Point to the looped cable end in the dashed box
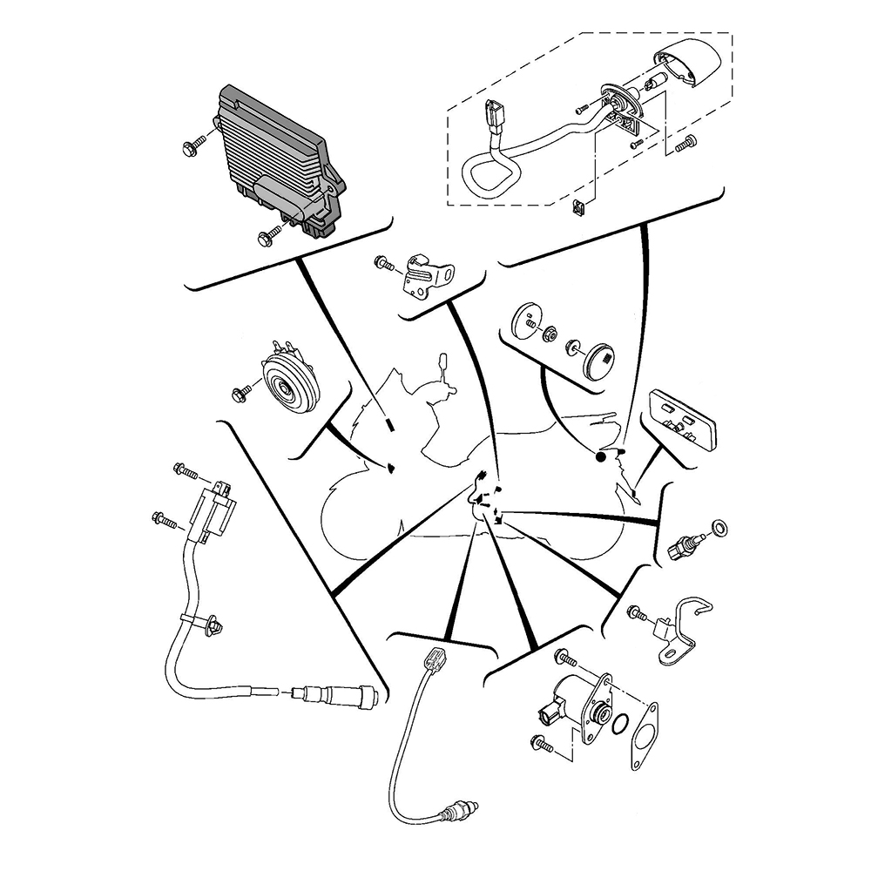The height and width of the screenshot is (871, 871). [481, 175]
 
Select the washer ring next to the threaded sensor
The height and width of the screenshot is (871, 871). [722, 528]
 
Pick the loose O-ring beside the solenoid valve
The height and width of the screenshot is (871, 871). [620, 723]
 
